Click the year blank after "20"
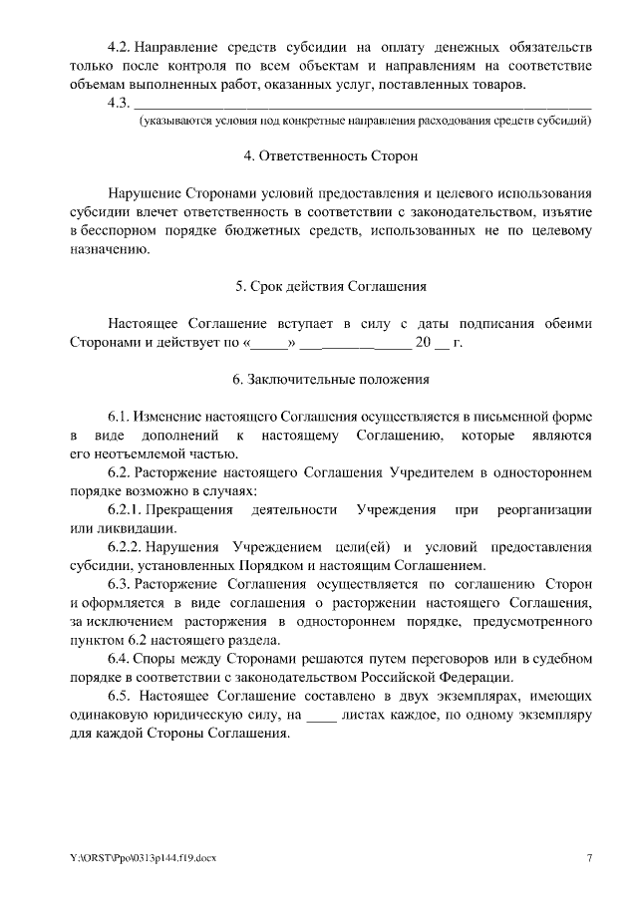pyautogui.click(x=441, y=343)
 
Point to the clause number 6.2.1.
pyautogui.click(x=125, y=509)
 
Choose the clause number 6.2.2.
pyautogui.click(x=125, y=547)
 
